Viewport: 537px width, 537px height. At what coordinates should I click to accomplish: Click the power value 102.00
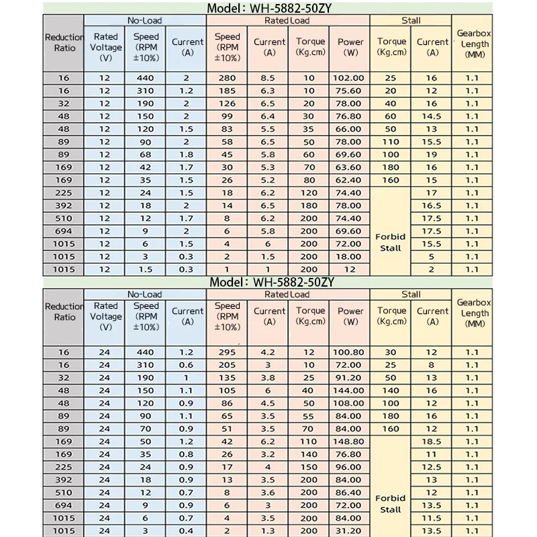[x=350, y=78]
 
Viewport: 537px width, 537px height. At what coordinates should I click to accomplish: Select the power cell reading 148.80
[x=350, y=442]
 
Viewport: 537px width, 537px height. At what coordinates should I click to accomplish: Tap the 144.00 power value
[x=350, y=391]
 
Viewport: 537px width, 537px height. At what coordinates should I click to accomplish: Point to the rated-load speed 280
[x=228, y=78]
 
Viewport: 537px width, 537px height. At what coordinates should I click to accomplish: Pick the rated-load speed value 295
[x=228, y=352]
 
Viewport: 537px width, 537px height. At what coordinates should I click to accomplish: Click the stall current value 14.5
[x=432, y=116]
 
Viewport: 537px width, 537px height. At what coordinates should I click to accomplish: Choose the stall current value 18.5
[x=432, y=442]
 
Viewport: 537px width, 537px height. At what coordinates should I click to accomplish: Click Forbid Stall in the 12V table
[x=391, y=242]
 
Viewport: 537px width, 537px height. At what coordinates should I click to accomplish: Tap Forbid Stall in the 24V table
[x=391, y=503]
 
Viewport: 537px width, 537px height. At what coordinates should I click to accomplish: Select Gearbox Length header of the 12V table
[x=474, y=44]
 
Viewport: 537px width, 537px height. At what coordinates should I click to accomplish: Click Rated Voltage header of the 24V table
[x=106, y=316]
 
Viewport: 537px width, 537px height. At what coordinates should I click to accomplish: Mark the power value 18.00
[x=350, y=256]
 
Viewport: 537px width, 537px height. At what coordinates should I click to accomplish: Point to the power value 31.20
[x=350, y=531]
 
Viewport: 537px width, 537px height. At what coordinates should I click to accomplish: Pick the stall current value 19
[x=432, y=154]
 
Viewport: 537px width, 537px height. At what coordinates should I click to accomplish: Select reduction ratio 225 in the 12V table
[x=64, y=193]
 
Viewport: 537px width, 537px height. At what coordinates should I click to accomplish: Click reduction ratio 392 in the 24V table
[x=64, y=480]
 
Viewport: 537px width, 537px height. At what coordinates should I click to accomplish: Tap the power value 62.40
[x=350, y=180]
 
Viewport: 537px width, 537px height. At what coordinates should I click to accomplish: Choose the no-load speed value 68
[x=146, y=154]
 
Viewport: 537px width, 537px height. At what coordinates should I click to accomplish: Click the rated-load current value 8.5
[x=268, y=78]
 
